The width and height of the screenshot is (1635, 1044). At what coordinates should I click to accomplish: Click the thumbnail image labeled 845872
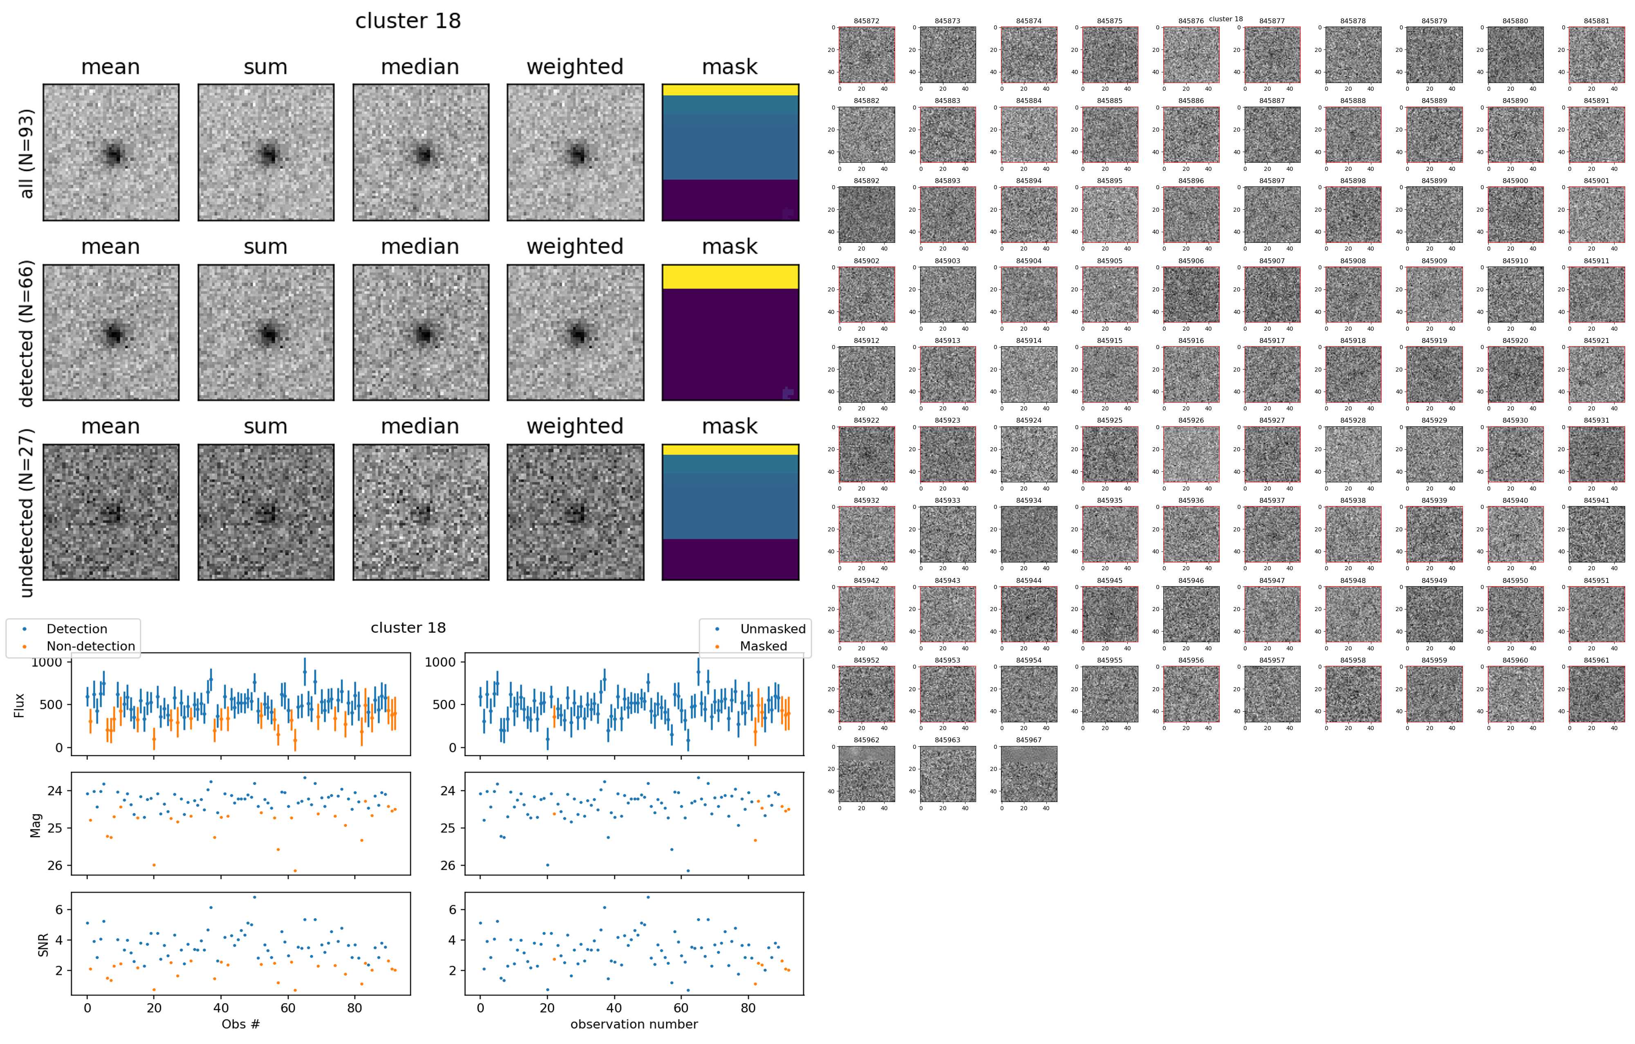coord(867,55)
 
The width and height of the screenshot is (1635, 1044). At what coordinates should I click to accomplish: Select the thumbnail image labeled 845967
coord(1029,774)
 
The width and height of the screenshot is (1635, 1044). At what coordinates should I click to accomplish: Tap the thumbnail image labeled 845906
coord(1191,295)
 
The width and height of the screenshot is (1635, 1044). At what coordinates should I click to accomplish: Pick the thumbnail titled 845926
coord(1191,454)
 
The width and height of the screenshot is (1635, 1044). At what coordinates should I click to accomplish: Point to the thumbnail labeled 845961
coord(1596,694)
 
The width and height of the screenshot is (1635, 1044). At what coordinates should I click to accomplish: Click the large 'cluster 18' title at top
coord(408,21)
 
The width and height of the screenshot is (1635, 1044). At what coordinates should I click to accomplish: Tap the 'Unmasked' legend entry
coord(773,629)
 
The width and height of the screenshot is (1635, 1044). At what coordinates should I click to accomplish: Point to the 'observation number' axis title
coord(634,1024)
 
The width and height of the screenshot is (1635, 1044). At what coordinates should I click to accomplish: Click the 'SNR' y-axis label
coord(43,943)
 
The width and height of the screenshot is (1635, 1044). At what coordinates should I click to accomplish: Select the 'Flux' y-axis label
coord(19,705)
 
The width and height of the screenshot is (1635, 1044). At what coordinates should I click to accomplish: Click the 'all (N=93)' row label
coord(27,153)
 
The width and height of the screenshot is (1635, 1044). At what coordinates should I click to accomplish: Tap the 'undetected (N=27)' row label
coord(27,513)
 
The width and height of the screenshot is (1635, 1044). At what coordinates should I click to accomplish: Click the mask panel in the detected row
coord(730,333)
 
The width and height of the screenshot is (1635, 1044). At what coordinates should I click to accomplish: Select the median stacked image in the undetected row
coord(420,513)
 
